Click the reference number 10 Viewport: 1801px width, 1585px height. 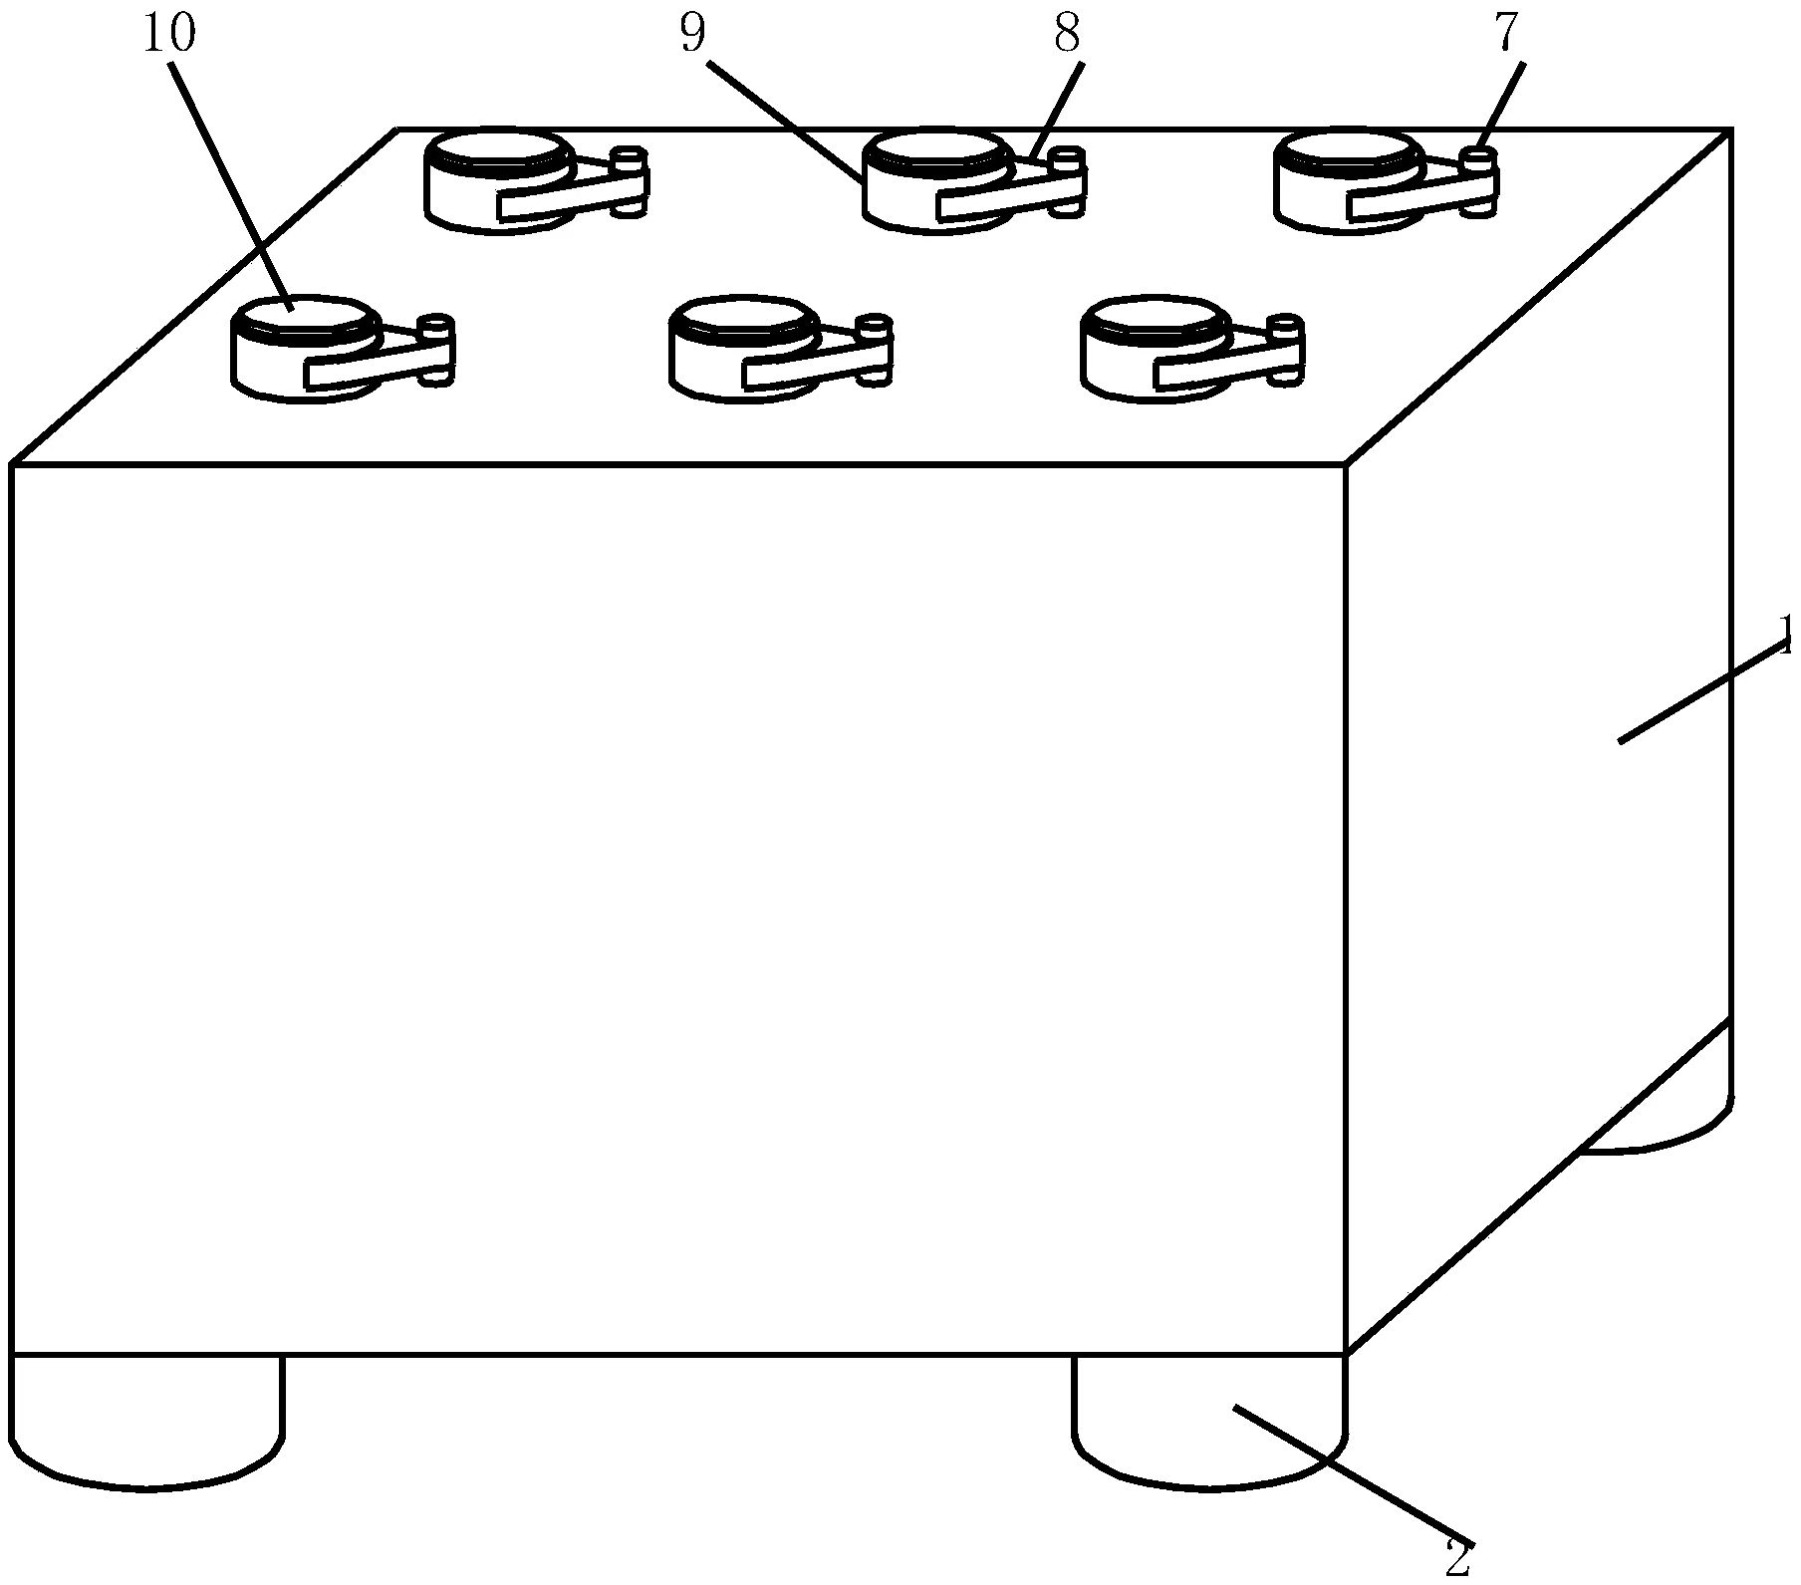tap(168, 34)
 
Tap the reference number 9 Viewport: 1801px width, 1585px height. tap(693, 34)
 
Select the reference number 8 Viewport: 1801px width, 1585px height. tap(1067, 34)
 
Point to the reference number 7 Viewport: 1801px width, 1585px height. tap(1506, 34)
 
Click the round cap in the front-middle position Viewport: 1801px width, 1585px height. tap(743, 318)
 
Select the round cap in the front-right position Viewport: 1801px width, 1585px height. tap(1156, 318)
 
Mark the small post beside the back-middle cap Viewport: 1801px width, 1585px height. tap(1069, 159)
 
